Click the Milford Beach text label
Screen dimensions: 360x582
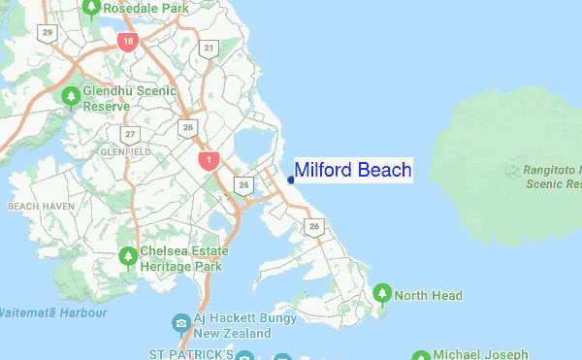click(353, 171)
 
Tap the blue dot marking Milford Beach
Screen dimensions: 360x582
click(292, 179)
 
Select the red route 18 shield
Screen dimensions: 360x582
click(127, 42)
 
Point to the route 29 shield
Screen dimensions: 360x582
click(48, 33)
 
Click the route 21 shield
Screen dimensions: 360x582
click(209, 48)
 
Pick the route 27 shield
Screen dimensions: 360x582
click(130, 134)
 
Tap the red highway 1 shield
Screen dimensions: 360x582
click(206, 159)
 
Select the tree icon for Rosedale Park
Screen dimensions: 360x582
click(91, 9)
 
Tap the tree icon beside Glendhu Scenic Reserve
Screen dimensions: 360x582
click(71, 97)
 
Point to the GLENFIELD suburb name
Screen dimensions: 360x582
click(125, 152)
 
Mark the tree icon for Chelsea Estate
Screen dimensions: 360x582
click(127, 257)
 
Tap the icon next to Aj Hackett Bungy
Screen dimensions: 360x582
click(180, 322)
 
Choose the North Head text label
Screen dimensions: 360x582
click(428, 295)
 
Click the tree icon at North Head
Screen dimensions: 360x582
click(382, 294)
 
